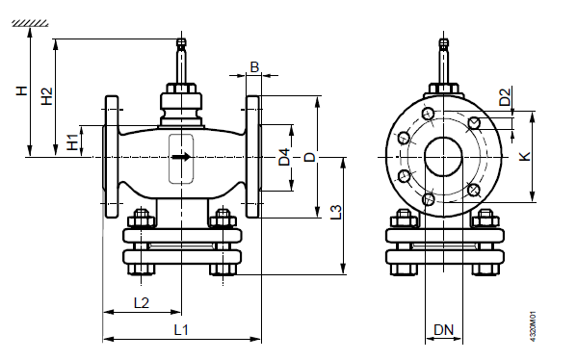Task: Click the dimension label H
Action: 22,90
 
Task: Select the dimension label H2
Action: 47,96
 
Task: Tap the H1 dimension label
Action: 72,142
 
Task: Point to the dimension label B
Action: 254,67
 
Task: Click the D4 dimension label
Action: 284,157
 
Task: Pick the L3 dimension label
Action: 335,212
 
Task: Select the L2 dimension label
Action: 142,303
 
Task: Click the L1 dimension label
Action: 181,330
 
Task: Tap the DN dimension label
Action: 443,330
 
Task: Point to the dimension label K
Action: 524,156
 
